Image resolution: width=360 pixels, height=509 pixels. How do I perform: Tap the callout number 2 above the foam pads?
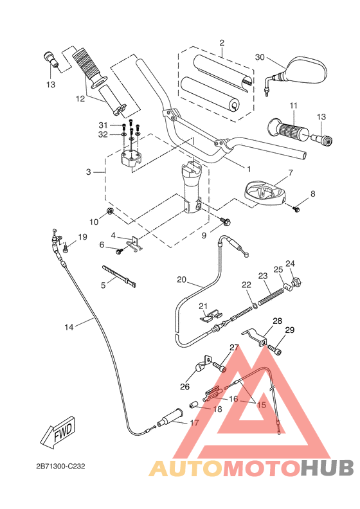click(222, 43)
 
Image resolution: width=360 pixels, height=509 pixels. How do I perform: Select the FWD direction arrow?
click(59, 434)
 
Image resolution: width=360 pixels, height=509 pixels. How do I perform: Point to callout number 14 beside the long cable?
click(69, 326)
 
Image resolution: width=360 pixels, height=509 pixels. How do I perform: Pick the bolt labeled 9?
click(226, 222)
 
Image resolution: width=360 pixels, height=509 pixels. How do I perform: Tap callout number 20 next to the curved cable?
click(163, 280)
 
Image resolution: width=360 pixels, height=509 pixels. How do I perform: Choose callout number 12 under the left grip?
click(80, 99)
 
